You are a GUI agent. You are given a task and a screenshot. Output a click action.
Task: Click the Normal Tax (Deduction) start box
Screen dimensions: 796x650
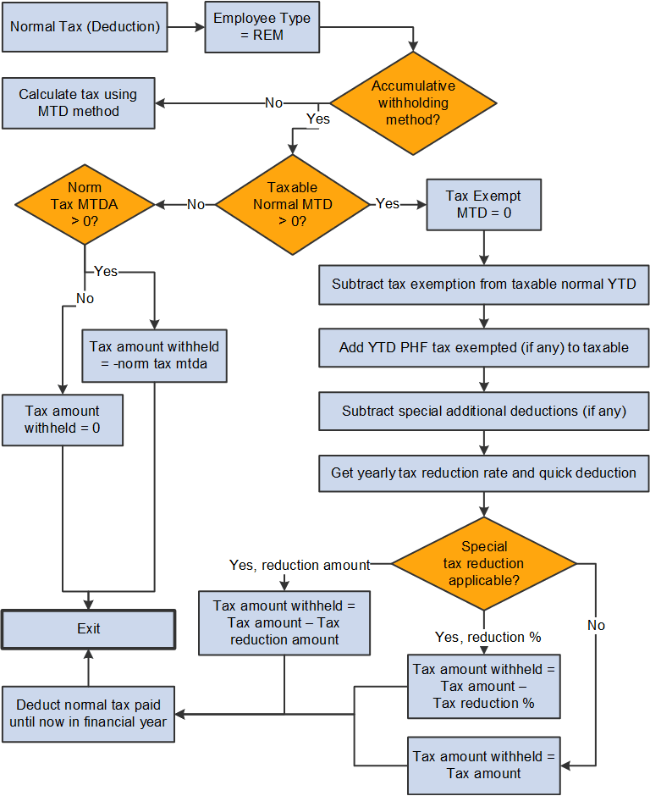[85, 26]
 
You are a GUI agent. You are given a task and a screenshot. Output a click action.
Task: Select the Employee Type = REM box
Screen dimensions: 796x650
[262, 26]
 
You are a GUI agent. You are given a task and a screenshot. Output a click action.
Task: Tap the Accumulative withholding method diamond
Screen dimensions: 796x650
[413, 103]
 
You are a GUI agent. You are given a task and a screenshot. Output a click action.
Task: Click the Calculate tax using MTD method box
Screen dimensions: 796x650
[78, 103]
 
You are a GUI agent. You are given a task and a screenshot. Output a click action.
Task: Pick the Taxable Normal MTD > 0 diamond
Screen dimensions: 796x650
[292, 204]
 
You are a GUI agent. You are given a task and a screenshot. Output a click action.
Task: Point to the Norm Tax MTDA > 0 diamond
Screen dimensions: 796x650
[85, 204]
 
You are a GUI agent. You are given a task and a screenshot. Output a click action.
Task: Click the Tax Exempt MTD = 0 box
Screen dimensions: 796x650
[483, 204]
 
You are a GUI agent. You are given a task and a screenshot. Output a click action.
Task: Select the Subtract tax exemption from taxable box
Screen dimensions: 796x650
[483, 285]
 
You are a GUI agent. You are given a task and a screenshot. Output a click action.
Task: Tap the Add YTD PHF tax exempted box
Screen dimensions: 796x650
[483, 347]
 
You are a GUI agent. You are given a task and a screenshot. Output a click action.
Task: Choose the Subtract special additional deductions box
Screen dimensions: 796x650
[483, 411]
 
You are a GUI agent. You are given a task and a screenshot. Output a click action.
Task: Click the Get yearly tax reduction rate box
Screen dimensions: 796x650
[483, 473]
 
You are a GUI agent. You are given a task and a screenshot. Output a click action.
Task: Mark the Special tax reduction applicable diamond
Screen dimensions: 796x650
[483, 563]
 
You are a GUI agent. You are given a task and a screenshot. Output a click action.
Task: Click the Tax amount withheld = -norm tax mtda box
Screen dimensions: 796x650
[154, 355]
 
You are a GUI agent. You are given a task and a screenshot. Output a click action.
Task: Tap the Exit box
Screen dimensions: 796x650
[88, 629]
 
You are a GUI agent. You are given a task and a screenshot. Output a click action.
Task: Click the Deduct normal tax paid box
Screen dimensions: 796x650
[88, 714]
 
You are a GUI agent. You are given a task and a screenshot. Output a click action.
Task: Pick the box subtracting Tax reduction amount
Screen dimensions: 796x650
[284, 622]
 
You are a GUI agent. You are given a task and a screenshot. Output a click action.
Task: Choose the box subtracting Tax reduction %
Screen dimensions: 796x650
[483, 686]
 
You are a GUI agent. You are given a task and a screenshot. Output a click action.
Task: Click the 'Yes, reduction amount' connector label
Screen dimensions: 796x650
[300, 565]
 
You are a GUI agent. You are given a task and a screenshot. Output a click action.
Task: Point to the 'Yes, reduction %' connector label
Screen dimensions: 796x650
[487, 637]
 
